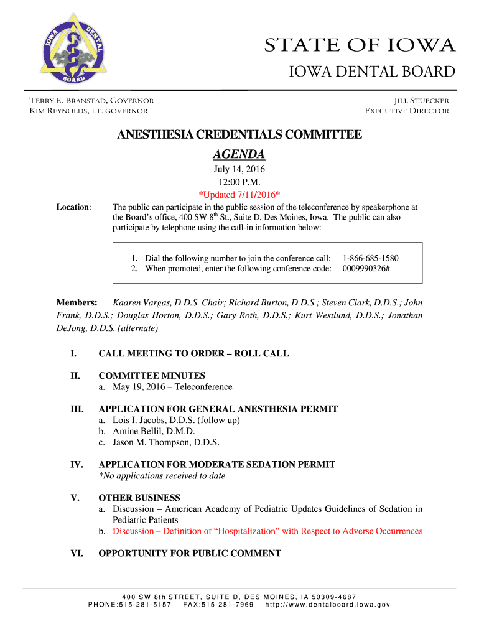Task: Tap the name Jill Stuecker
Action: [421, 100]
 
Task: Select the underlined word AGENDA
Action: [240, 154]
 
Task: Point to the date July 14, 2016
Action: [240, 170]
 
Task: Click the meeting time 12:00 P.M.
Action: [240, 182]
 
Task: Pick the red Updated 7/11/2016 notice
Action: [240, 194]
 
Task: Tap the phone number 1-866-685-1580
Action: [371, 258]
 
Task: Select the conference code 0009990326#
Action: [366, 269]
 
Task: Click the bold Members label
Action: [77, 303]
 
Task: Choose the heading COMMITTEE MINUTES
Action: [152, 376]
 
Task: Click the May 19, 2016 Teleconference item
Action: [172, 387]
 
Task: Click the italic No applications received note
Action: [162, 476]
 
